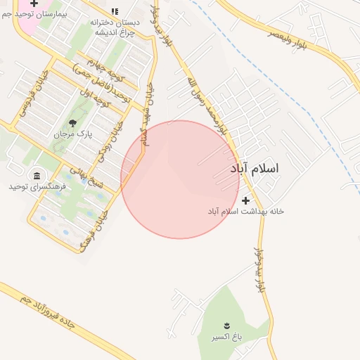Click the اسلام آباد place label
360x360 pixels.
[x=254, y=169]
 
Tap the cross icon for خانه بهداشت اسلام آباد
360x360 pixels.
[x=245, y=201]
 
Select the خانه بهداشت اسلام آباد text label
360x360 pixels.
[x=245, y=211]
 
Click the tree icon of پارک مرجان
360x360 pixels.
[x=72, y=124]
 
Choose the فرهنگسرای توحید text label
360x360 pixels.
[x=37, y=186]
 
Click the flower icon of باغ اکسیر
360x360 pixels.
[x=226, y=326]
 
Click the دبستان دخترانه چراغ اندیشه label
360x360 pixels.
[x=115, y=27]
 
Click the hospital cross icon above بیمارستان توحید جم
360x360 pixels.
[x=33, y=4]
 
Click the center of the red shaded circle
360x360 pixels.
[x=180, y=179]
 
